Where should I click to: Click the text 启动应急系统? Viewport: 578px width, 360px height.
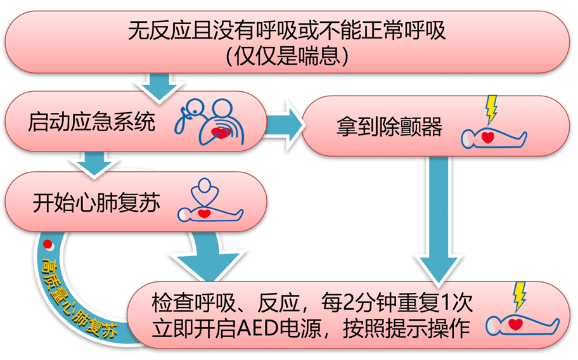coord(91,122)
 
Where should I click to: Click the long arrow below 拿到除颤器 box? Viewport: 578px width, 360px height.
coord(437,215)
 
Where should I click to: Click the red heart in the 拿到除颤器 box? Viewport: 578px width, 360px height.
coord(488,137)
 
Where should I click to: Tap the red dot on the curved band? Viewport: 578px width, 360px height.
coord(48,244)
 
